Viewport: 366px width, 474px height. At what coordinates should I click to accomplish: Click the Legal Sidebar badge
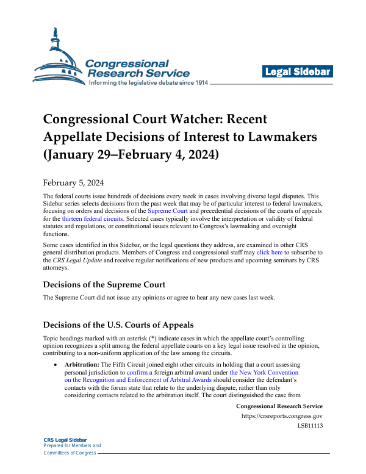pos(298,72)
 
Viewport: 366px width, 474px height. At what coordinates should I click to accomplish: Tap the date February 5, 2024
pos(73,182)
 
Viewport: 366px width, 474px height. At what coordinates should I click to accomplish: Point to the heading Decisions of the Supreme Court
pos(104,284)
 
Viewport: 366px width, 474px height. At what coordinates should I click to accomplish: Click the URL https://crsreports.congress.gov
pos(282,417)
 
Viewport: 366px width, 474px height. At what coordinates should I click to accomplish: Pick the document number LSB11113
pos(309,426)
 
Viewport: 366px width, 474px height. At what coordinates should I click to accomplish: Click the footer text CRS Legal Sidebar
pos(65,440)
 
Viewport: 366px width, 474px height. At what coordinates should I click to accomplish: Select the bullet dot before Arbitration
pos(56,364)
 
